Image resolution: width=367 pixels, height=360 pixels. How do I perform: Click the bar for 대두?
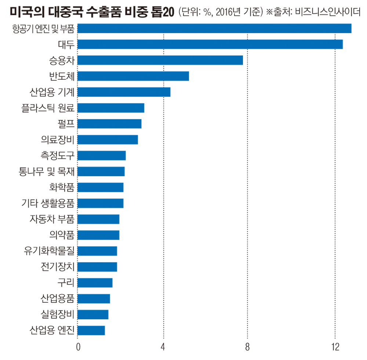[x=210, y=44]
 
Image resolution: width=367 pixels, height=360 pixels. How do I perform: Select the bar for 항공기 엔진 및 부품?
[x=215, y=28]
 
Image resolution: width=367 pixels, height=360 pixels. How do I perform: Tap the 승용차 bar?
[x=160, y=60]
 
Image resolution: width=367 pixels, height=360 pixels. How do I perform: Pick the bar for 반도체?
[x=133, y=76]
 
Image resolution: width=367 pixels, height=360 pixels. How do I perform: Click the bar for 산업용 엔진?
[x=91, y=330]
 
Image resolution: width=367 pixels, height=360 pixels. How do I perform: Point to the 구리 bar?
[x=95, y=283]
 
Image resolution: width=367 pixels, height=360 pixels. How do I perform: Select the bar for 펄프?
[x=109, y=124]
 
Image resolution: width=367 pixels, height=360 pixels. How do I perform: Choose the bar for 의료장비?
[x=108, y=140]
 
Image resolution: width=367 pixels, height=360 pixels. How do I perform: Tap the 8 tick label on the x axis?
[x=247, y=347]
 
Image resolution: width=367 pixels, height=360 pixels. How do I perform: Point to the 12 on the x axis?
[x=335, y=347]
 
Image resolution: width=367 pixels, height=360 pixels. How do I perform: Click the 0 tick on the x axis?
[x=78, y=347]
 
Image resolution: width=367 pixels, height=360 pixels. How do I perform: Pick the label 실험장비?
[x=58, y=314]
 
